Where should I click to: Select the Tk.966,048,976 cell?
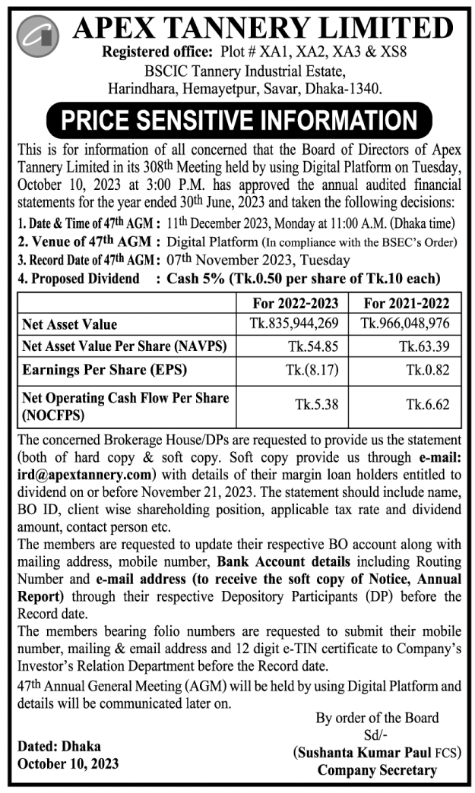point(407,323)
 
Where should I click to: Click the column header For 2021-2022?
point(407,303)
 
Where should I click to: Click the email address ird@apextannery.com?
point(86,475)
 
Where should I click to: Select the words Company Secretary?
point(377,770)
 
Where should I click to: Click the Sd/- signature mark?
point(377,735)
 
